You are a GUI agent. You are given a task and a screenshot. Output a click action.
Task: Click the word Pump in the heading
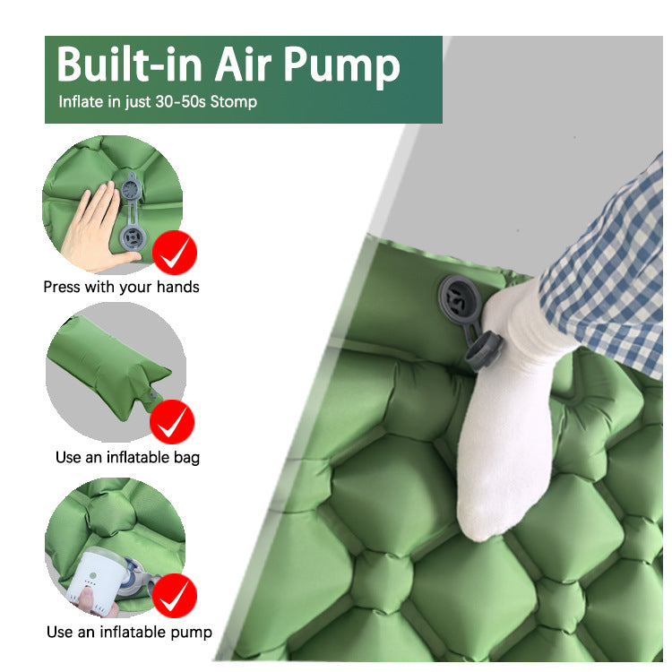pyautogui.click(x=341, y=65)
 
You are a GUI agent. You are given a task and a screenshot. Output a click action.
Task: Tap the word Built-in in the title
pyautogui.click(x=129, y=64)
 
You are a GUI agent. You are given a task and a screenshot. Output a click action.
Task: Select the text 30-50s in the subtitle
pyautogui.click(x=180, y=102)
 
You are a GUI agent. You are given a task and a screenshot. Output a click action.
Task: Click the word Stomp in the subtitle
pyautogui.click(x=234, y=102)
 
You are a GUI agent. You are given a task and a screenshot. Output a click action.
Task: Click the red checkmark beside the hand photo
pyautogui.click(x=175, y=253)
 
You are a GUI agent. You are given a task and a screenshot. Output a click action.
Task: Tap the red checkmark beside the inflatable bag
pyautogui.click(x=172, y=422)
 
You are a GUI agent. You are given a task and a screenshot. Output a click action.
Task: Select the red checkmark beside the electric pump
pyautogui.click(x=175, y=596)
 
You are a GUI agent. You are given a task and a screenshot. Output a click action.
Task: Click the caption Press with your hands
pyautogui.click(x=121, y=287)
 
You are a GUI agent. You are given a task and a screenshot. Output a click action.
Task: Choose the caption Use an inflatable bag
pyautogui.click(x=128, y=457)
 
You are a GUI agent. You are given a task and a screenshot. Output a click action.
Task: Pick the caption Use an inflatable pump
pyautogui.click(x=129, y=633)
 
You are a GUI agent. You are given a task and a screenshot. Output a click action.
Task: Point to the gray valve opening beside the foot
pyautogui.click(x=460, y=297)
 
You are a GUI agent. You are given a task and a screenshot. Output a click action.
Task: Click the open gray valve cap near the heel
pyautogui.click(x=484, y=350)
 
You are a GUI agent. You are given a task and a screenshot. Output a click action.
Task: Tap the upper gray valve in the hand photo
pyautogui.click(x=131, y=188)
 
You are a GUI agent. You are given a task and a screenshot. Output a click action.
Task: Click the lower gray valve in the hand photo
pyautogui.click(x=133, y=237)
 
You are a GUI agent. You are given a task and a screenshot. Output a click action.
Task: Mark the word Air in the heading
pyautogui.click(x=243, y=65)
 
